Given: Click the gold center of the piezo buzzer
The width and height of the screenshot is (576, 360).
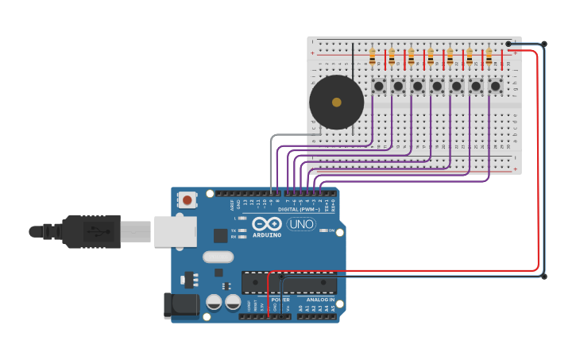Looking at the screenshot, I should (336, 103).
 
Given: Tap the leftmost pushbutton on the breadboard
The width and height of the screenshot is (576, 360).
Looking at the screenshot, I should (379, 86).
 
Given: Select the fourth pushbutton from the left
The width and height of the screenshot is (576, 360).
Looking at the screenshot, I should (437, 86).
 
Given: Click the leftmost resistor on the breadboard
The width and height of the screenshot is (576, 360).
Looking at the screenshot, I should (372, 57).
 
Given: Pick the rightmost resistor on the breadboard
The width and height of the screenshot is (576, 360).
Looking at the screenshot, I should (489, 57).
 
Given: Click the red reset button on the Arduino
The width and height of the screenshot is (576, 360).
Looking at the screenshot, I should (187, 200).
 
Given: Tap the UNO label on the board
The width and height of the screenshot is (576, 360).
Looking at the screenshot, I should (301, 224).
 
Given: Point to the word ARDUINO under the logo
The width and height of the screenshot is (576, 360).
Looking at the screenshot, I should (267, 235).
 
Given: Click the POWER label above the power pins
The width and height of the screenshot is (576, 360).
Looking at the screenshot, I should (280, 300).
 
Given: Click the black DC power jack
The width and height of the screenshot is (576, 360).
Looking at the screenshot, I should (180, 306).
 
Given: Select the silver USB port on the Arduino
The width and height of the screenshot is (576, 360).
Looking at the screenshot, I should (175, 231).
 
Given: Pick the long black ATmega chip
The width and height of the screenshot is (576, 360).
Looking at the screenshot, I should (289, 282).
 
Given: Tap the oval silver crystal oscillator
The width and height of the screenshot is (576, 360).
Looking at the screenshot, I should (218, 257).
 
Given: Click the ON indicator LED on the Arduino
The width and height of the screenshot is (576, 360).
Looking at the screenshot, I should (323, 230).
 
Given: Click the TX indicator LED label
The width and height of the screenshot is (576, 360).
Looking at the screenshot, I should (234, 230).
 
